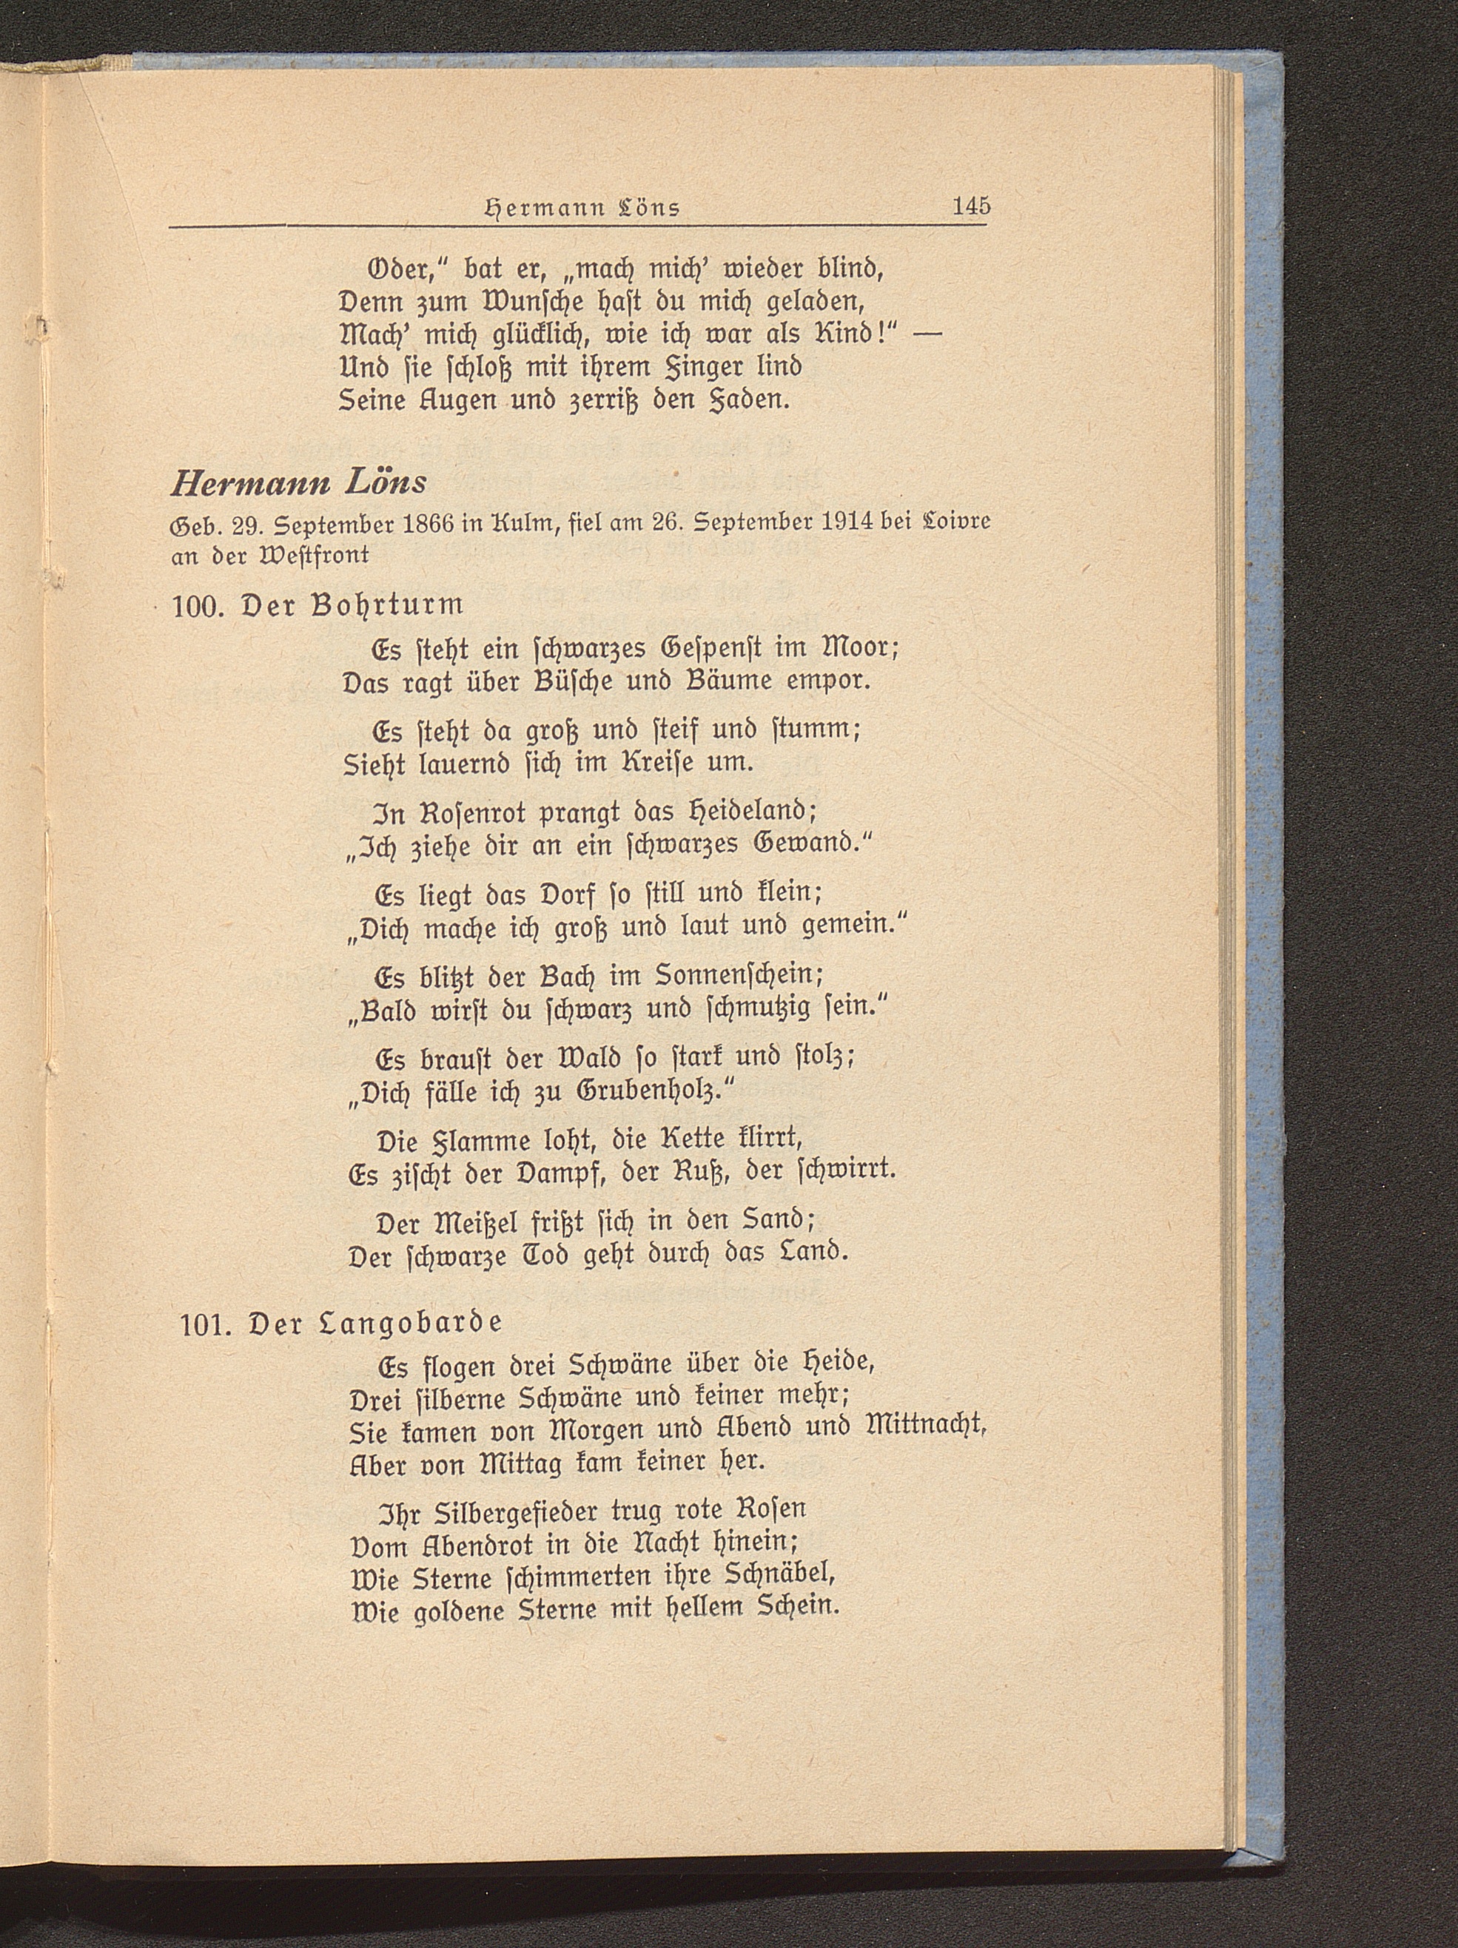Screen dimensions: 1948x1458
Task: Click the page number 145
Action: [x=971, y=206]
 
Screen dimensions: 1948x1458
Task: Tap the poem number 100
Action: [x=199, y=607]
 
